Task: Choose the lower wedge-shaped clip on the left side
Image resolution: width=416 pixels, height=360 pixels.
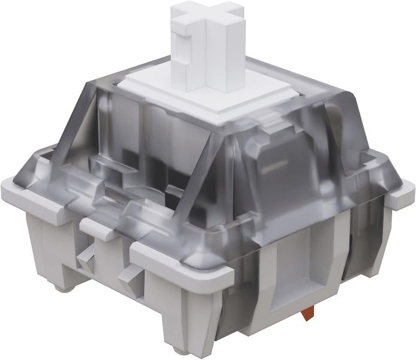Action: [127, 277]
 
